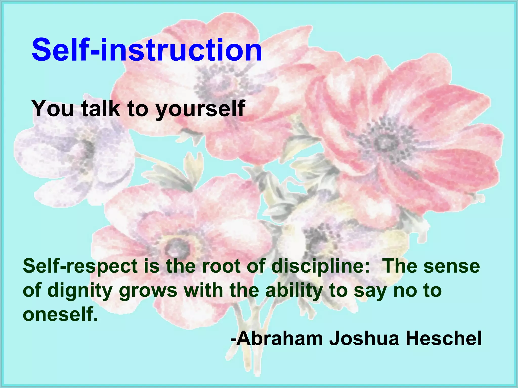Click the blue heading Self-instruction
147,50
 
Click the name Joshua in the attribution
364,338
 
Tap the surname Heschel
444,338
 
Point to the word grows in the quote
148,290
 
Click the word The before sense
400,266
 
